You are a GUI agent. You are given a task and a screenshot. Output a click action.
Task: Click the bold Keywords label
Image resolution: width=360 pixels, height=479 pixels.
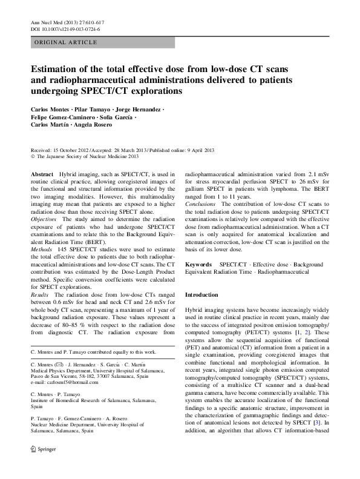(198, 265)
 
